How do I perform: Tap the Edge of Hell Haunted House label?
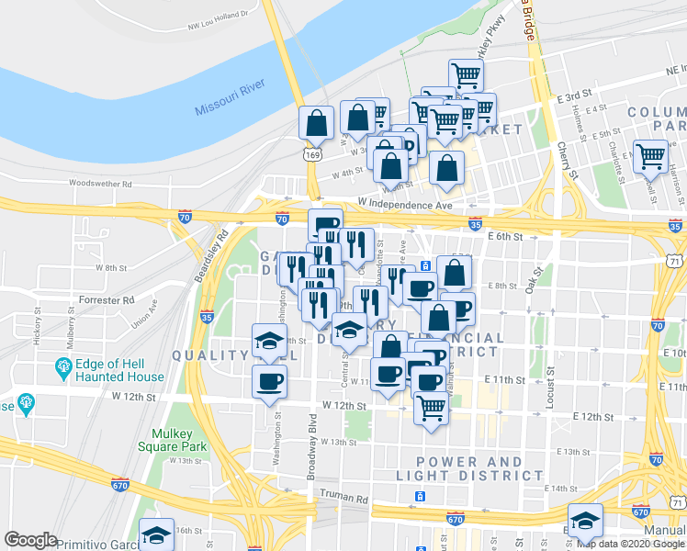[x=120, y=369]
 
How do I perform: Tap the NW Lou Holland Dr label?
[x=220, y=14]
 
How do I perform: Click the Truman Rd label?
[x=343, y=500]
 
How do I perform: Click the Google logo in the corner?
[x=30, y=540]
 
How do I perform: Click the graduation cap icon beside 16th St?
[x=157, y=534]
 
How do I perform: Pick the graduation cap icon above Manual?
[x=585, y=520]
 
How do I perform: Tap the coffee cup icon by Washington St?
[x=269, y=381]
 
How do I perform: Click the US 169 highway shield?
[x=314, y=157]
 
